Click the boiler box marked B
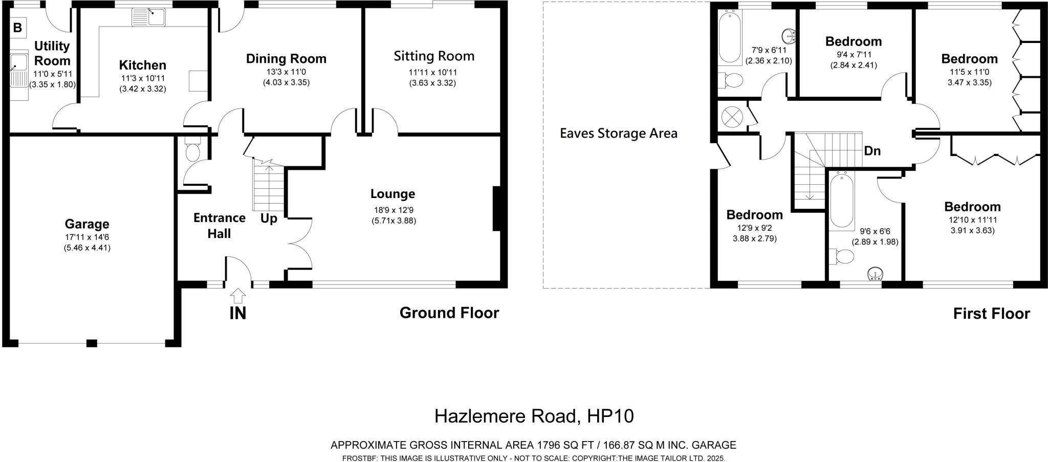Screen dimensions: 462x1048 [17, 28]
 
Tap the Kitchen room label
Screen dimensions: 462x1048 [142, 65]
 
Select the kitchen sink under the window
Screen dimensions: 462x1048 [148, 17]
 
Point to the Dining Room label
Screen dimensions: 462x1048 [286, 58]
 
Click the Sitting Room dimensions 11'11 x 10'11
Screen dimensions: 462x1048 [432, 72]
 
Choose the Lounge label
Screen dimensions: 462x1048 [392, 194]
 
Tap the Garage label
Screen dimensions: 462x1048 [87, 224]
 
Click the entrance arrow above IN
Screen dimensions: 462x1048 [238, 296]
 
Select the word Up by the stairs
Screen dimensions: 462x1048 [269, 218]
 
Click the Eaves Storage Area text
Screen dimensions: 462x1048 [618, 134]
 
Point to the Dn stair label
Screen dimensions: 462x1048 [872, 151]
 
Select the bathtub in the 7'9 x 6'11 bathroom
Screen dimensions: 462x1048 [729, 37]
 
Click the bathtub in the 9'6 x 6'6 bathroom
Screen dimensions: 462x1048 [842, 201]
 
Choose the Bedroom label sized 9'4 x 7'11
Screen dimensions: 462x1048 [853, 41]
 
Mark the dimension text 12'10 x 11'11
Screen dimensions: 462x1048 [972, 220]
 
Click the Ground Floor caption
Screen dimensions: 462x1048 [449, 313]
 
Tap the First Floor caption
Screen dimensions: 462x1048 [991, 314]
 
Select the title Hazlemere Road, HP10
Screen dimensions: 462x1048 [534, 416]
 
